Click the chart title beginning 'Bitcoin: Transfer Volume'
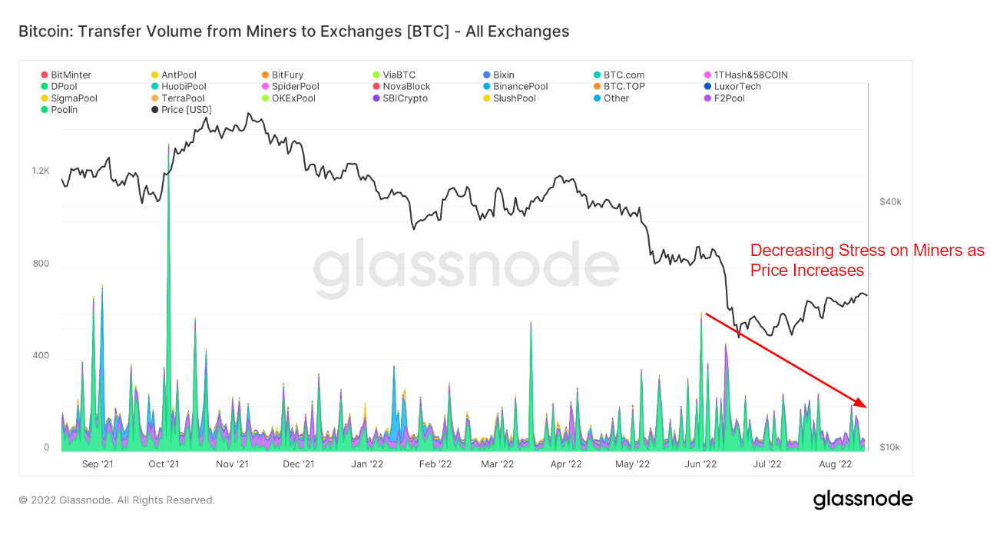coord(293,32)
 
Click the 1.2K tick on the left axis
coord(41,171)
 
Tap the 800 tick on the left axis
coord(41,264)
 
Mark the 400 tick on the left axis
coord(41,356)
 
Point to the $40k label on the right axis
coord(890,201)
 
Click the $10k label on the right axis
coord(890,447)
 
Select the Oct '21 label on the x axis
coord(164,464)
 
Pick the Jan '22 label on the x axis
coord(367,464)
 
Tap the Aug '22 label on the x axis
coord(836,464)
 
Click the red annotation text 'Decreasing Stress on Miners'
coord(866,251)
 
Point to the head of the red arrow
coord(865,407)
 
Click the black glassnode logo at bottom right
coord(863,500)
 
